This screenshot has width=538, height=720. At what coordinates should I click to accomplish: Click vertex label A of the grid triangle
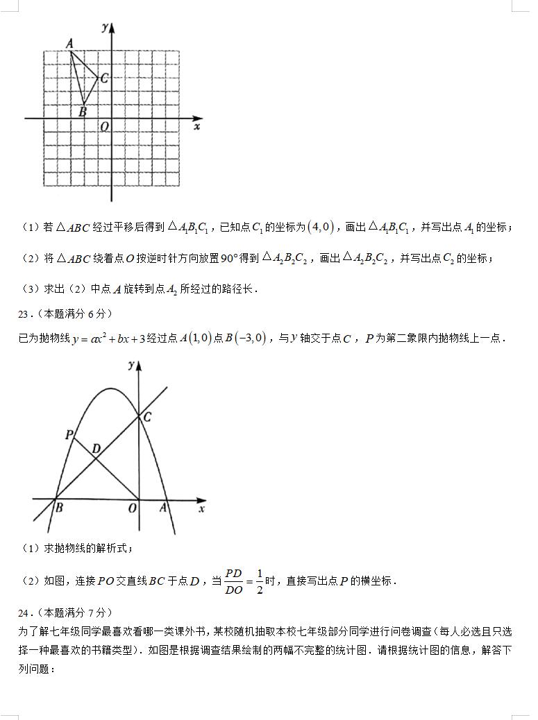[x=69, y=44]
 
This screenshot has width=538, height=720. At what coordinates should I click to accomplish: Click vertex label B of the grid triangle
[x=83, y=111]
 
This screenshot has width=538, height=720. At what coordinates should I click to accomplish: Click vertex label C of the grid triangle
[x=104, y=78]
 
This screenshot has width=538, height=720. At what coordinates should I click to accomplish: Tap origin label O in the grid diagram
[x=104, y=127]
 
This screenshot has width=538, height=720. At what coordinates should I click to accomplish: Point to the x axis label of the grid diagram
[x=197, y=127]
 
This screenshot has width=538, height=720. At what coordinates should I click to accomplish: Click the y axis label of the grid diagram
[x=103, y=28]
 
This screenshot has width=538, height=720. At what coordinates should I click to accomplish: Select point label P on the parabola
[x=69, y=435]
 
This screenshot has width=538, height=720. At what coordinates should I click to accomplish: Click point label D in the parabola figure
[x=96, y=449]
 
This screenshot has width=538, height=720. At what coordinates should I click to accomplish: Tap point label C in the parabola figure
[x=147, y=417]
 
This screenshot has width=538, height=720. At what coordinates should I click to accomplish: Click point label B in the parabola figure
[x=59, y=508]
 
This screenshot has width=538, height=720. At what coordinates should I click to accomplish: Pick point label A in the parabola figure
[x=164, y=508]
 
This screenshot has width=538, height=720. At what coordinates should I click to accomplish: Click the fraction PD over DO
[x=233, y=581]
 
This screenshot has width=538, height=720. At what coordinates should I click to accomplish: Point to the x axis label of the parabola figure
[x=201, y=509]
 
